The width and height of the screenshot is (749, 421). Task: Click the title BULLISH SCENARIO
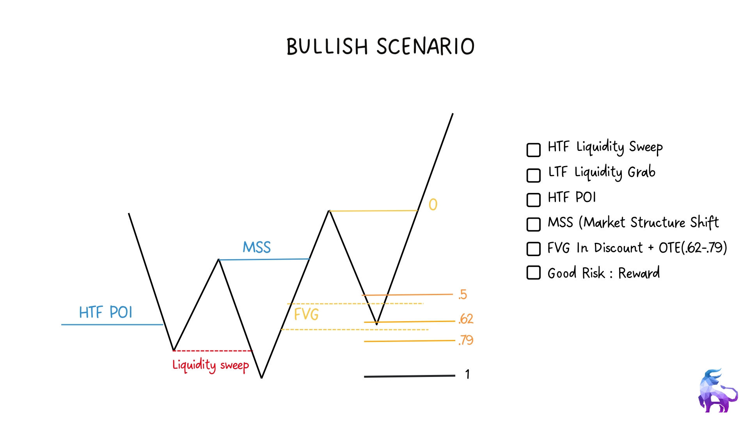coord(380,47)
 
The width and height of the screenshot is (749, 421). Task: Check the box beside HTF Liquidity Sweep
coord(533,150)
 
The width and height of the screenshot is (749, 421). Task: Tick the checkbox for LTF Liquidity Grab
coord(533,175)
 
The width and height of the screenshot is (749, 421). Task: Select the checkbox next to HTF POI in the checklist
coord(533,200)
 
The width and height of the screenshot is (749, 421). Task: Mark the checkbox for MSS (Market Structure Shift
coord(533,224)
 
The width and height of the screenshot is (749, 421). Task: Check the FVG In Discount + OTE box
coord(533,249)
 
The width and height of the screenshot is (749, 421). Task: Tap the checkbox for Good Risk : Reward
coord(533,273)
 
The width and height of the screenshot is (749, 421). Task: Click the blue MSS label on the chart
coord(257,247)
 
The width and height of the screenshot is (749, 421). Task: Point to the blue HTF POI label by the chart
coord(106,312)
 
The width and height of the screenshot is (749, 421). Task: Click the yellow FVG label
coord(306,314)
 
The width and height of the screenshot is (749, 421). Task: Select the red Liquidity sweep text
coord(211,366)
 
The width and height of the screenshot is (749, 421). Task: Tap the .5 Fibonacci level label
coord(463,295)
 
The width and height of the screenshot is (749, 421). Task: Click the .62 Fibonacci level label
coord(466,319)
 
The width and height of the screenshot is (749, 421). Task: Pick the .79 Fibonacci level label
coord(466,340)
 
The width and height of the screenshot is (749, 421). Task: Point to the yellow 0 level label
coord(433,205)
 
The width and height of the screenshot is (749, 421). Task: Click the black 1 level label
coord(467,374)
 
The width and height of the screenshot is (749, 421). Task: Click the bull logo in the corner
coord(718,391)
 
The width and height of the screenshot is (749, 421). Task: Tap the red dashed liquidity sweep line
coord(213,351)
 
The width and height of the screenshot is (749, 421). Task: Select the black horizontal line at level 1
coord(410,376)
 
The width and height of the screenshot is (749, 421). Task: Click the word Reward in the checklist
coord(639,273)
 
